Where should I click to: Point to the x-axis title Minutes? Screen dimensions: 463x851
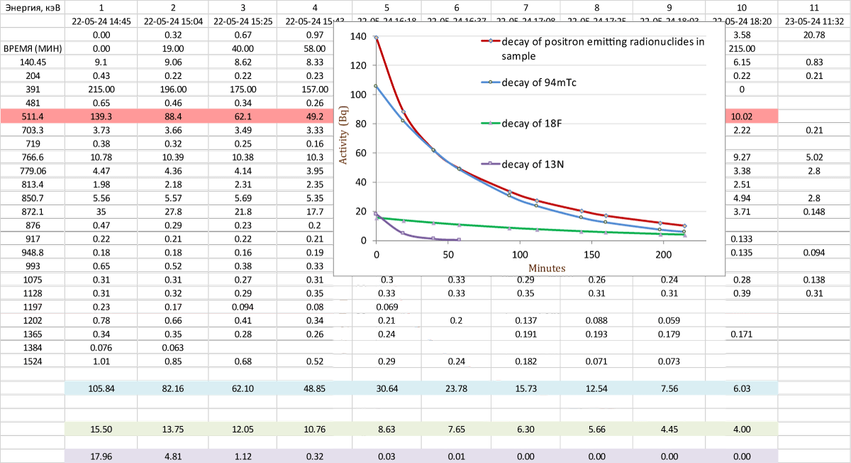547,268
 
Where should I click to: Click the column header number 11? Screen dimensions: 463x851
813,7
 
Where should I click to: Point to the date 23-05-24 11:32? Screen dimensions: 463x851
813,21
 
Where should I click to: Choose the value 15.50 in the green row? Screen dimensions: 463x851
100,429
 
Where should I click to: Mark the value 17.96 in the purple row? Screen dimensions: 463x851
100,456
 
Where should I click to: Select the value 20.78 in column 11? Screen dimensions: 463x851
813,35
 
